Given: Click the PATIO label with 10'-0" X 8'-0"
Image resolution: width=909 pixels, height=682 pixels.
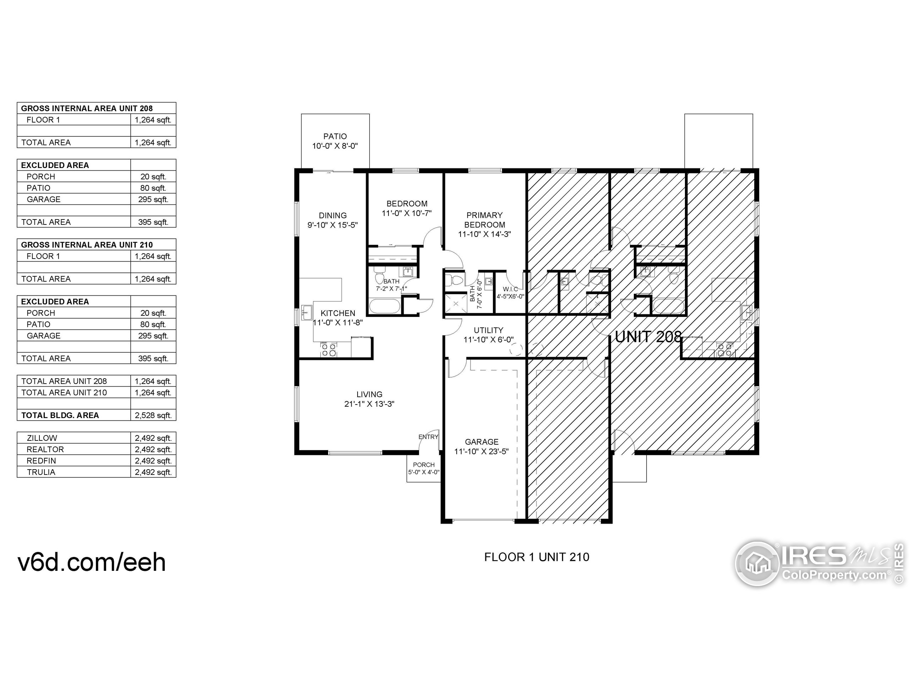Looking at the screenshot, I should point(335,141).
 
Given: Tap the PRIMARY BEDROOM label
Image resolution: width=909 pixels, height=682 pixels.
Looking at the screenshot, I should point(484,220).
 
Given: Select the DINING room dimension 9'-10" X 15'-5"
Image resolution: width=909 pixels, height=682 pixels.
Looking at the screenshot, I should point(332,225).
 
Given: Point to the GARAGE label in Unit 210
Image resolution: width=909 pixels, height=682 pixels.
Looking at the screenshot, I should point(481,442).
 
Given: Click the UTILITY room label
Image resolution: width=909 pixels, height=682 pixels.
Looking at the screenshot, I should point(488,330).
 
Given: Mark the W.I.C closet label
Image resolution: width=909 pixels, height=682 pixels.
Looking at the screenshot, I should point(510,289).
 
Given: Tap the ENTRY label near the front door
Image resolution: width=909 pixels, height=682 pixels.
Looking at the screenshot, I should point(428,437).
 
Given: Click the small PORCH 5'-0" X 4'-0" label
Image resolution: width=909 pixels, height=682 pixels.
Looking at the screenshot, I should point(424,468).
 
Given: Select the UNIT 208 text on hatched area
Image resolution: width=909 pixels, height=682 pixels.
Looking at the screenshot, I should point(648,337).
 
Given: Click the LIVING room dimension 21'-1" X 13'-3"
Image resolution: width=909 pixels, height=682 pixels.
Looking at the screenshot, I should point(369,404).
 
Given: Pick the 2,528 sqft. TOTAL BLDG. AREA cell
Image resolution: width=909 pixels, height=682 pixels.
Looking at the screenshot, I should point(153,415).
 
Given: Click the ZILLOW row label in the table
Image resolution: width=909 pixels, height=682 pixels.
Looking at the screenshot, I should point(42,438).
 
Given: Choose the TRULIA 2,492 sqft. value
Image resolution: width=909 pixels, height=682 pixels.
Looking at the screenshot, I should point(153,472).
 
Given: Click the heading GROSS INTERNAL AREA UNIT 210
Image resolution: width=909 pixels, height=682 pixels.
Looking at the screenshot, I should point(87,245).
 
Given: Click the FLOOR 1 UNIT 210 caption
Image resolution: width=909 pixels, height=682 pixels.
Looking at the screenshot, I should point(537,557).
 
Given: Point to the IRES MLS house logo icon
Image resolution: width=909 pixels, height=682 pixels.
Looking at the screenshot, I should point(757,564).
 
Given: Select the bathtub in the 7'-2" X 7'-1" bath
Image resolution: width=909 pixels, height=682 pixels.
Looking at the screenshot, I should point(384,307).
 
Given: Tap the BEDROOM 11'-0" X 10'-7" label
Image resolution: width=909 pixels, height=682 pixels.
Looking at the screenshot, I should point(407,209).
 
